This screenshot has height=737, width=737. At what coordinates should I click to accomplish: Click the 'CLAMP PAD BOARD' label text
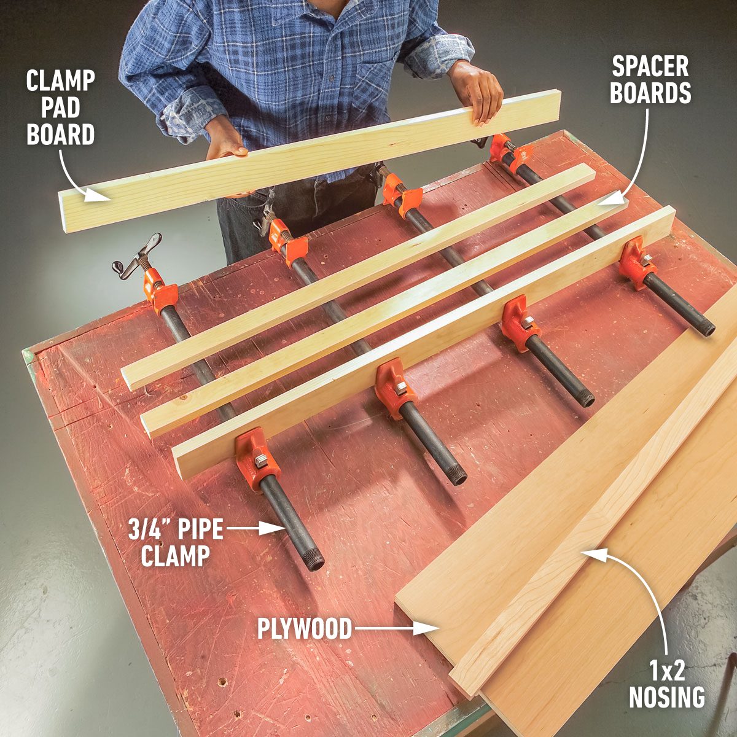coord(60,107)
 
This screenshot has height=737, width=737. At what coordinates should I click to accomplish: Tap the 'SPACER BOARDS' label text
coord(650,79)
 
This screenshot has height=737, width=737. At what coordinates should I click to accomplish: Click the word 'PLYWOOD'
coord(305,628)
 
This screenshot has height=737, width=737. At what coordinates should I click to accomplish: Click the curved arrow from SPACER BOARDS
coord(636,160)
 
